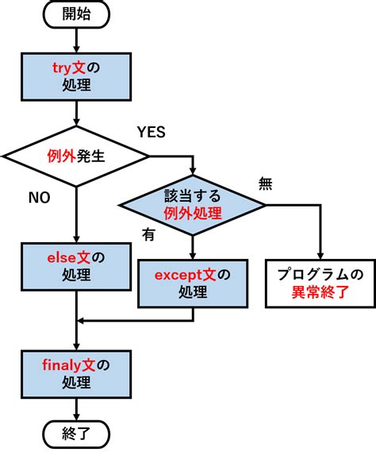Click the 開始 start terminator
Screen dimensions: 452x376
(75, 14)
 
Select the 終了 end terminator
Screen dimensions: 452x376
(75, 434)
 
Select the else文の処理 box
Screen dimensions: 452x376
(75, 266)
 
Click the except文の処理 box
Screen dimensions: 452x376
(192, 284)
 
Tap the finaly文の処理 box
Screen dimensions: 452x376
(75, 373)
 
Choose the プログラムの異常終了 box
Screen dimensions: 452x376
(320, 284)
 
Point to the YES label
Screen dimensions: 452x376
(152, 132)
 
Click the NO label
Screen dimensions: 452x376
(38, 196)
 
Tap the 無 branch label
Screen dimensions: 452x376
(267, 184)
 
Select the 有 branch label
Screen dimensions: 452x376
(148, 234)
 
